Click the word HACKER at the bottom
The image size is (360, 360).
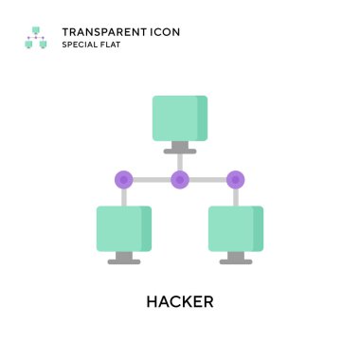tap(179, 302)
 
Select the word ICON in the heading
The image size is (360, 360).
tap(163, 31)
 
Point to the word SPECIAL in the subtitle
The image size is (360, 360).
tap(82, 45)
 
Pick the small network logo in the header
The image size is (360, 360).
tap(35, 38)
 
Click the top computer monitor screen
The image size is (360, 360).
tap(179, 117)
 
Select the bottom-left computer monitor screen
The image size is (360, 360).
tap(123, 228)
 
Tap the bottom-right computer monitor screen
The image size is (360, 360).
tap(236, 228)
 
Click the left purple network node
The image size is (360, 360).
tap(123, 178)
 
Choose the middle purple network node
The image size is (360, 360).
tap(179, 178)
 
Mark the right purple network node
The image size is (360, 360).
tap(236, 178)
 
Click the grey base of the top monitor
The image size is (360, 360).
tap(179, 151)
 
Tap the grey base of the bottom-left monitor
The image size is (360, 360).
tap(123, 261)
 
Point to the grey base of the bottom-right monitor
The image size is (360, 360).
tap(236, 261)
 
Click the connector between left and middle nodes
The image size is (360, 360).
tap(152, 178)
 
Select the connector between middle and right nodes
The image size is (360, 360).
tap(207, 178)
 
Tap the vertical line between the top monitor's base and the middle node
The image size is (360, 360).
tap(179, 161)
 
